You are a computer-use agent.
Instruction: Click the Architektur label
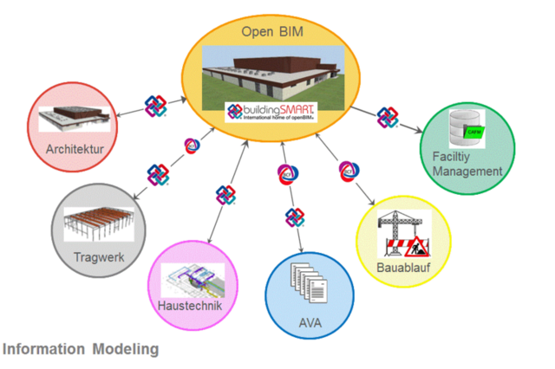(x=75, y=149)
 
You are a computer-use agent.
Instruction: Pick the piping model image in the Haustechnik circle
(x=193, y=278)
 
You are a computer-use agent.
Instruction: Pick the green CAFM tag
(x=474, y=133)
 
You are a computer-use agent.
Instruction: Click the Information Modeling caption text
(x=81, y=350)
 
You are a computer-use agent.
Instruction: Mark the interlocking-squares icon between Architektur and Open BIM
(x=156, y=106)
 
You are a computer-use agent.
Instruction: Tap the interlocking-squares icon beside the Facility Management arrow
(x=387, y=117)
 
